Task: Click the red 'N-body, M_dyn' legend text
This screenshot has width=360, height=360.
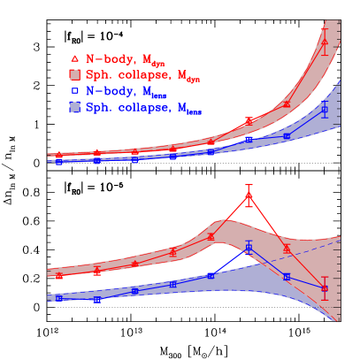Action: (123, 59)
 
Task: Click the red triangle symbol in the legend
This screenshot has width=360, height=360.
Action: (74, 58)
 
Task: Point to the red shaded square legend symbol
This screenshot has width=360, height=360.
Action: (74, 74)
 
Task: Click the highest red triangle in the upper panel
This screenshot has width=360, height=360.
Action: (325, 42)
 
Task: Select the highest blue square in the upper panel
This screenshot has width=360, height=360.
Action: (325, 111)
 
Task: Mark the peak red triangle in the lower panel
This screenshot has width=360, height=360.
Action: (249, 195)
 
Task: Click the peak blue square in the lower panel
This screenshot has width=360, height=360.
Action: (249, 248)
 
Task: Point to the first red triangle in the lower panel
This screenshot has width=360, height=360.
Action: (59, 275)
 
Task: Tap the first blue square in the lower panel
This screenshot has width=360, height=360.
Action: (59, 298)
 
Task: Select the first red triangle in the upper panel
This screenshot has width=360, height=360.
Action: (59, 156)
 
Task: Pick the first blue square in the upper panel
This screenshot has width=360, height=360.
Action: (59, 162)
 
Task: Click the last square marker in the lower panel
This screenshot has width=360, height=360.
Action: (325, 288)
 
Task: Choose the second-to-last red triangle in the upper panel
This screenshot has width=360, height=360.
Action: (287, 104)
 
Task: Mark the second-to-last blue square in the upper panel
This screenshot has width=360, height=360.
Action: (287, 135)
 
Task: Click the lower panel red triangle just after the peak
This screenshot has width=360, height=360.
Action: (287, 248)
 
